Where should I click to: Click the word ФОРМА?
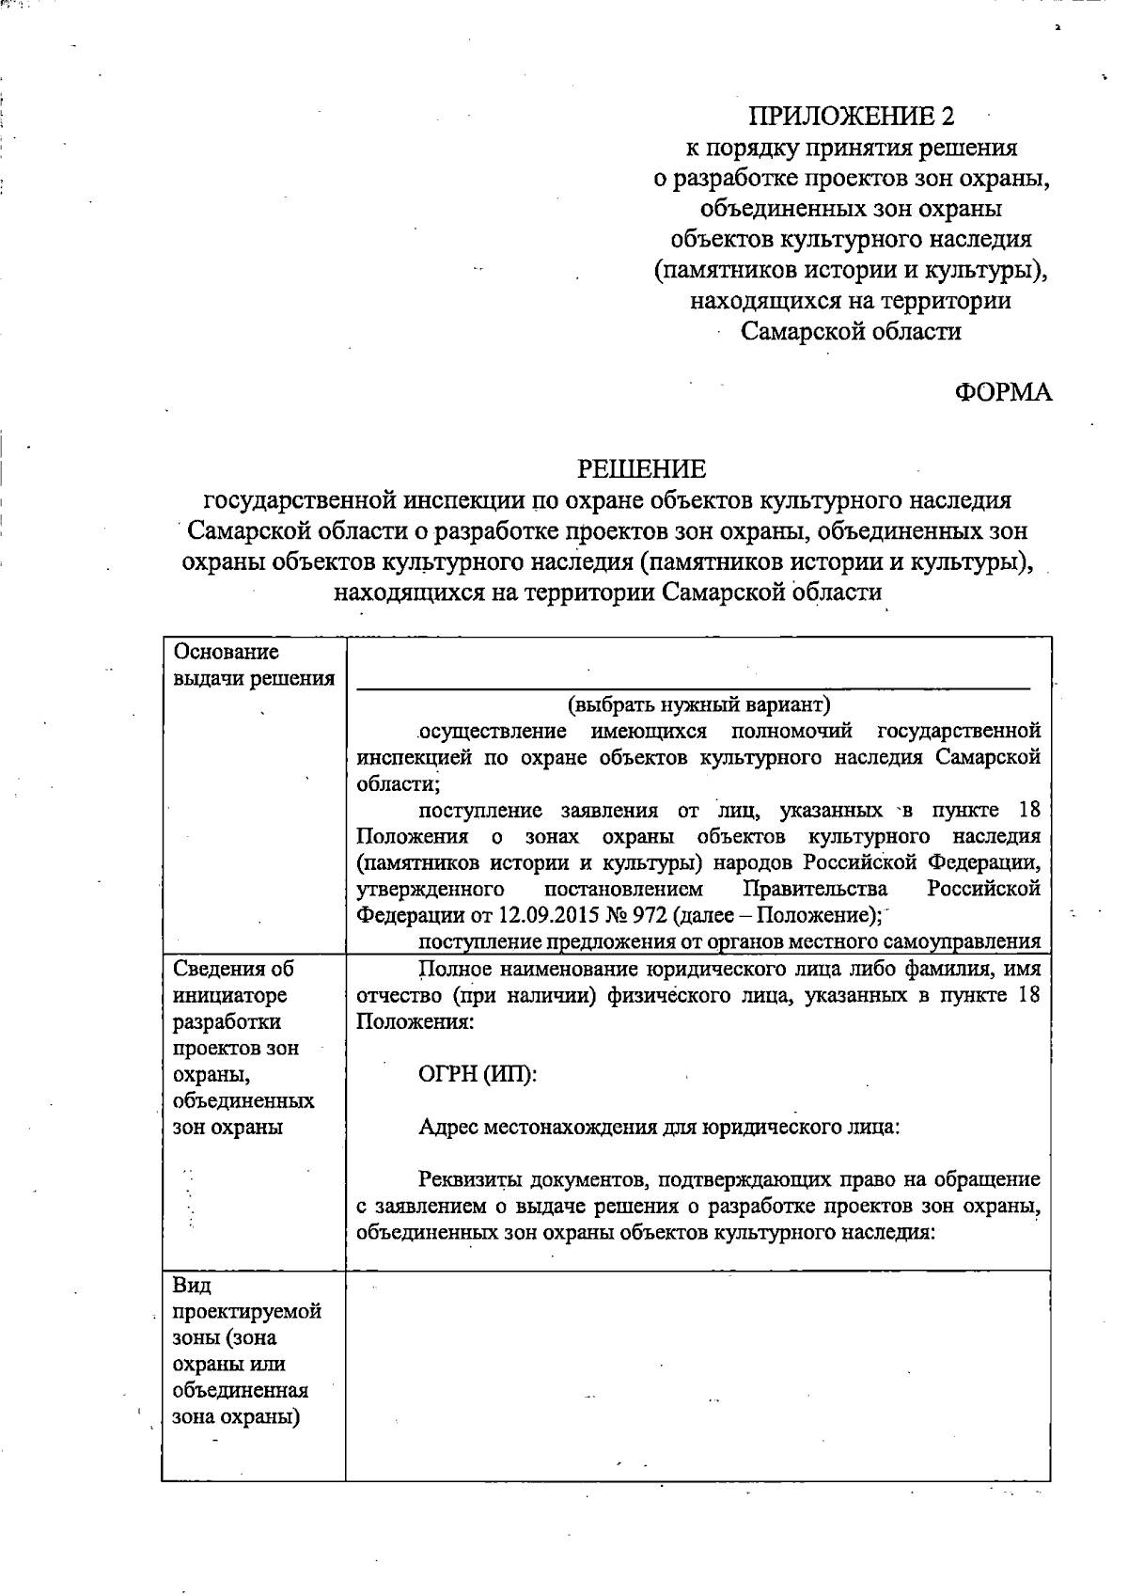click(1003, 393)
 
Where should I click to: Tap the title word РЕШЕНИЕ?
click(641, 468)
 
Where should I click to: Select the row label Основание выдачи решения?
click(253, 664)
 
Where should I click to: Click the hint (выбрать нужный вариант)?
click(698, 704)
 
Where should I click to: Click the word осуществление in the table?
click(492, 732)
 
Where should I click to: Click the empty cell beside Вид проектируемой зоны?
click(697, 1374)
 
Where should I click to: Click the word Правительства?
click(815, 889)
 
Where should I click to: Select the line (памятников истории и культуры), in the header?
click(851, 270)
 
